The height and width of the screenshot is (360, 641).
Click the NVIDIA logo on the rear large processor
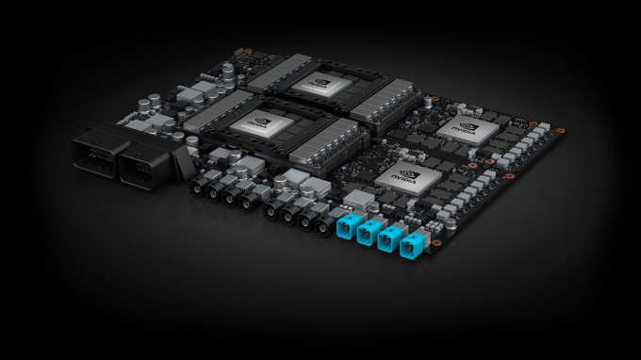[311, 82]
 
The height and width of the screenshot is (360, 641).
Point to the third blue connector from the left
[389, 240]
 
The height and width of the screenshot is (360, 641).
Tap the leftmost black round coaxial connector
[201, 189]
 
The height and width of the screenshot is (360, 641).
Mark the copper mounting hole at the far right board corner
[561, 131]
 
